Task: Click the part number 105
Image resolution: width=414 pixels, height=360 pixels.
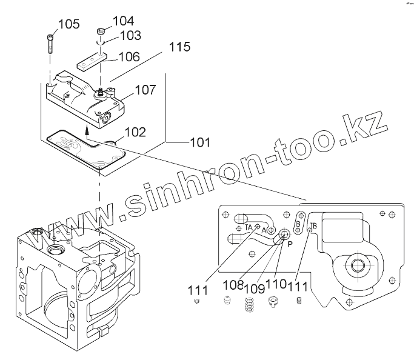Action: tap(68, 24)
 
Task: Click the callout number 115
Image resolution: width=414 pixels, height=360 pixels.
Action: tap(179, 47)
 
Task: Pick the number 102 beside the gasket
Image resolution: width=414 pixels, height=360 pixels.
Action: tap(135, 132)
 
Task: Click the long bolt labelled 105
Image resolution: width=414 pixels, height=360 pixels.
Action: tap(49, 46)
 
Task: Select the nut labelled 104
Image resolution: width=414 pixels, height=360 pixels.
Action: tap(101, 31)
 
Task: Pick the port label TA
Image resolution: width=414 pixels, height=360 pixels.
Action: tap(249, 227)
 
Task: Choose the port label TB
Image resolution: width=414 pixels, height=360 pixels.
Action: tap(313, 227)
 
